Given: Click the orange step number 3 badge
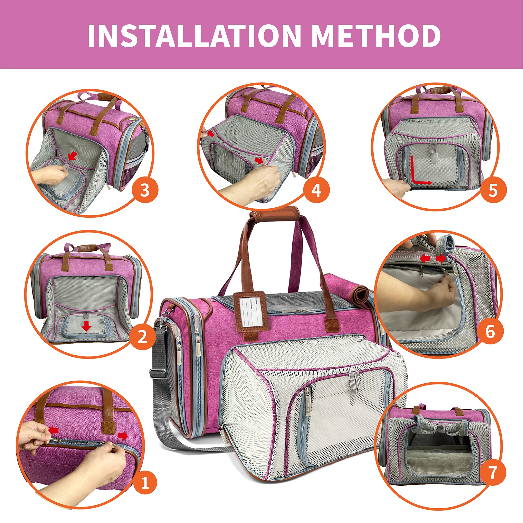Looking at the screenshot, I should pyautogui.click(x=145, y=190).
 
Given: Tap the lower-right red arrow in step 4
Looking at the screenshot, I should pyautogui.click(x=259, y=161).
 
